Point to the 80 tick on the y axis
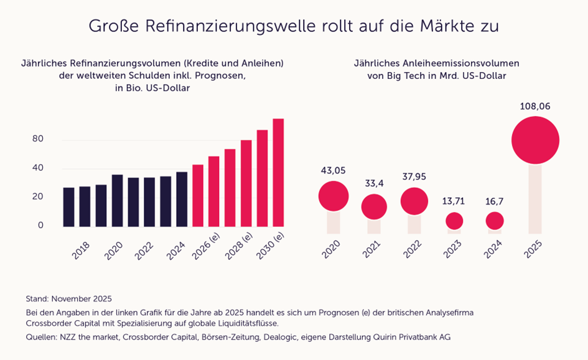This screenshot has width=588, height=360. [x=38, y=139]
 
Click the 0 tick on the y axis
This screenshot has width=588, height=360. [x=40, y=225]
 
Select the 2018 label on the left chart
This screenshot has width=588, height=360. [x=80, y=249]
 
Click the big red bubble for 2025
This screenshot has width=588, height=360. [x=535, y=141]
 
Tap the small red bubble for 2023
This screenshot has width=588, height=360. [x=455, y=221]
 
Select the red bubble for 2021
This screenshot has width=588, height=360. [x=374, y=206]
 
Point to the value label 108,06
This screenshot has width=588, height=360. [x=535, y=106]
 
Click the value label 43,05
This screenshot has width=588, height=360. [x=333, y=170]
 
